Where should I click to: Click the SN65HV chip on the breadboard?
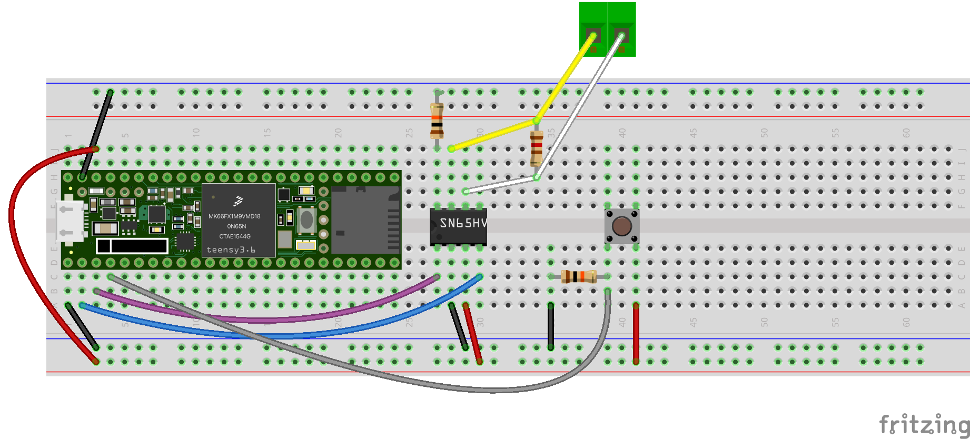[x=458, y=226]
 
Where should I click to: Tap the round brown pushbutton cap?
[x=622, y=226]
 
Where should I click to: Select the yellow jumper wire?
[x=563, y=79]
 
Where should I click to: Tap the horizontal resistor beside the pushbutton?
[x=578, y=276]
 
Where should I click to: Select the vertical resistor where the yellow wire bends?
[x=536, y=148]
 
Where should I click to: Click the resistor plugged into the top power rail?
[x=437, y=121]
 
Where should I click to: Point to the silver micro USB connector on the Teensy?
[x=70, y=221]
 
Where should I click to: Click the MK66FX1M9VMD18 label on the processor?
[x=234, y=216]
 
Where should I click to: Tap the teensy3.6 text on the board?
[x=231, y=250]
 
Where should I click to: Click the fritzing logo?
[x=924, y=424]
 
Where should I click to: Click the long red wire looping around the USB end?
[x=16, y=237]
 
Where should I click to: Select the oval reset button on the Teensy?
[x=306, y=220]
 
